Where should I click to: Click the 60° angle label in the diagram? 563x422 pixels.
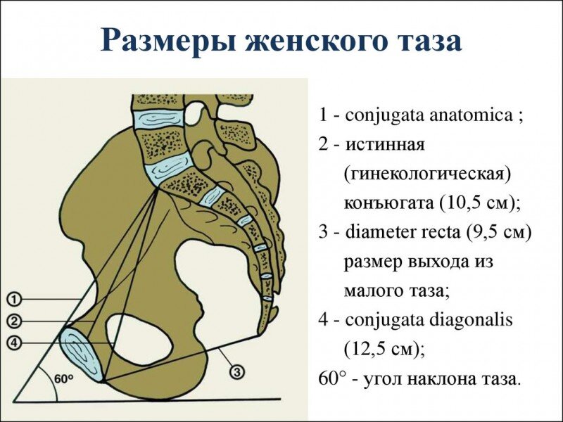[x=63, y=378]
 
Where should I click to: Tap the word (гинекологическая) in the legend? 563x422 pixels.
[x=426, y=174]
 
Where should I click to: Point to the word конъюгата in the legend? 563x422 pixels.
[x=388, y=203]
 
